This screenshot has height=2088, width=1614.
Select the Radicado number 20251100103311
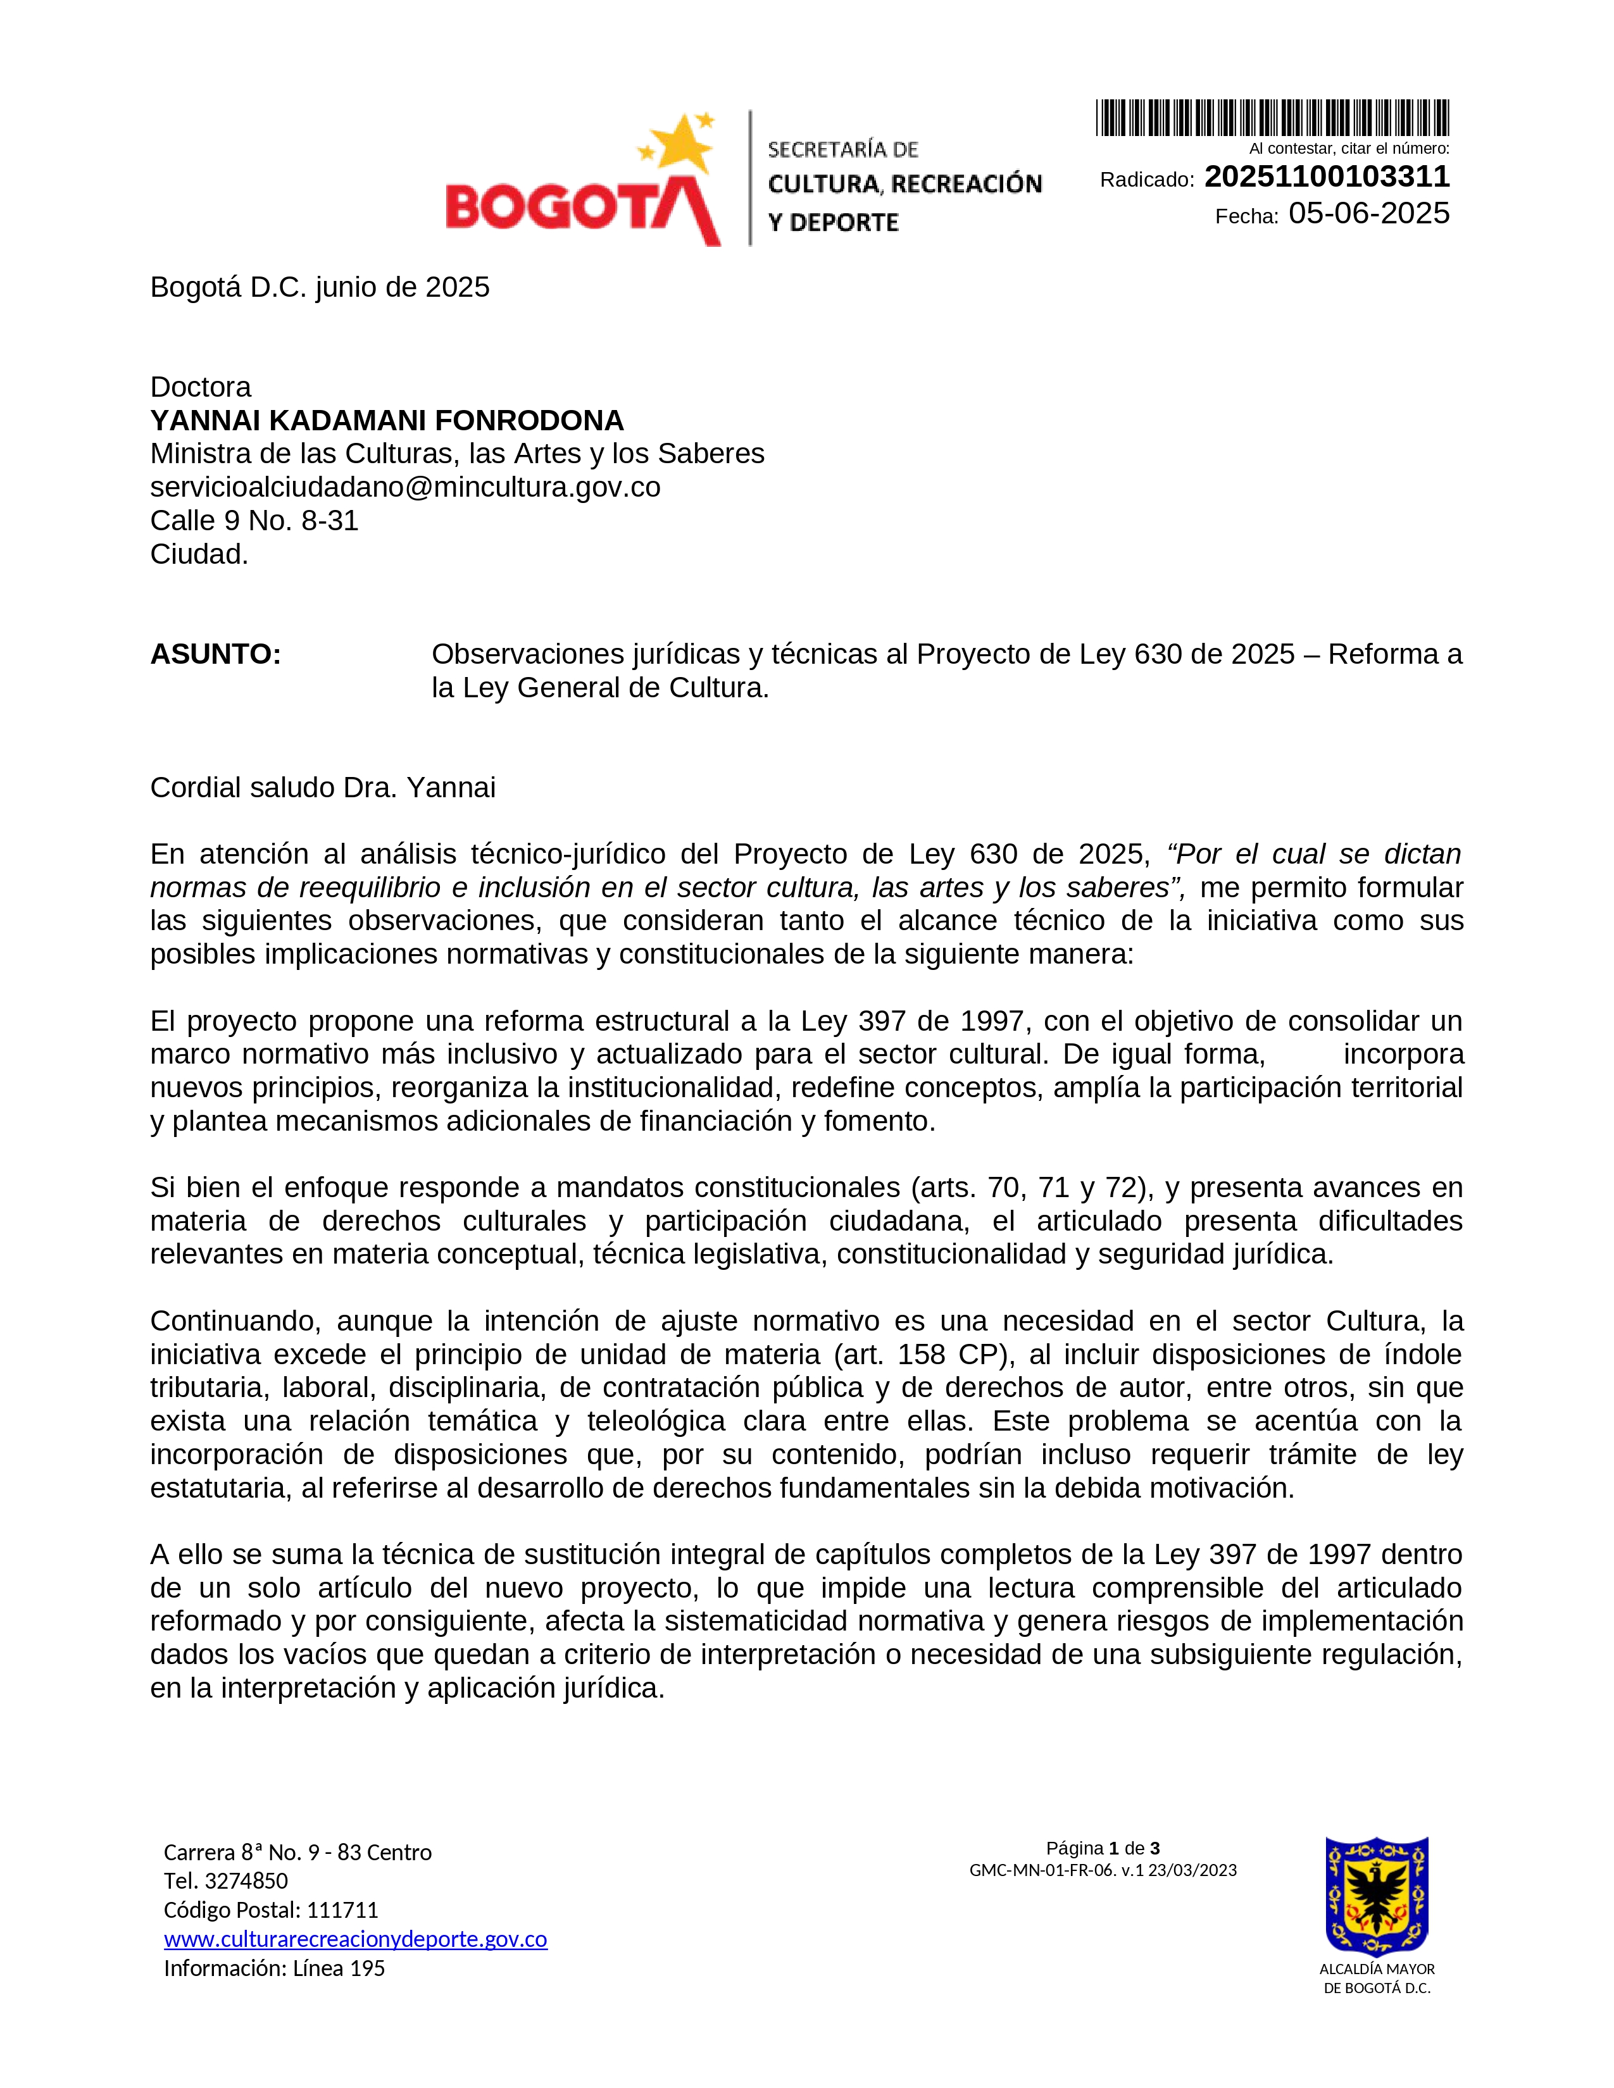[1326, 177]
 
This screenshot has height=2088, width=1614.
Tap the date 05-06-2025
[1368, 214]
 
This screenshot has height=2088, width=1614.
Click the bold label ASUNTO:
[215, 655]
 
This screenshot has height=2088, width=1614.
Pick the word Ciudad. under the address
[199, 554]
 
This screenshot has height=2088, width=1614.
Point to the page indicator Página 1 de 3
[1103, 1848]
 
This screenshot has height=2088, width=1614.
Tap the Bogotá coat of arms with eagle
[1376, 1895]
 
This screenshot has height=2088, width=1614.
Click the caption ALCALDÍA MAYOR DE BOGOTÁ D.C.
[1376, 1978]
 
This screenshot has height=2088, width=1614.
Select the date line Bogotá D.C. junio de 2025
[320, 288]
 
